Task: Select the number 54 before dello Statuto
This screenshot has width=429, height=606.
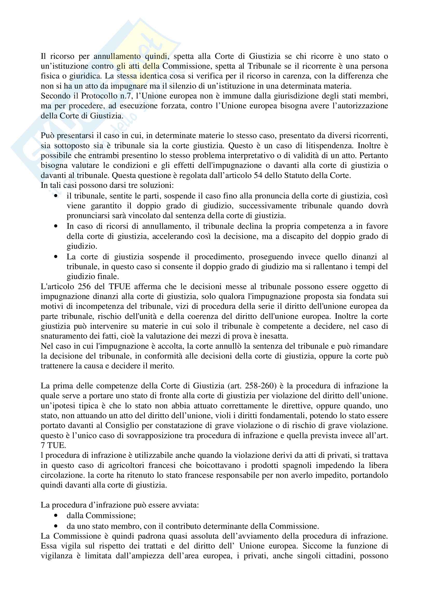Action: click(x=258, y=175)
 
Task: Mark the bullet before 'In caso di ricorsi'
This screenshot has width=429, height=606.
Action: click(x=56, y=226)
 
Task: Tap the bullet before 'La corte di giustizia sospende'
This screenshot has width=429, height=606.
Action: click(x=56, y=256)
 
